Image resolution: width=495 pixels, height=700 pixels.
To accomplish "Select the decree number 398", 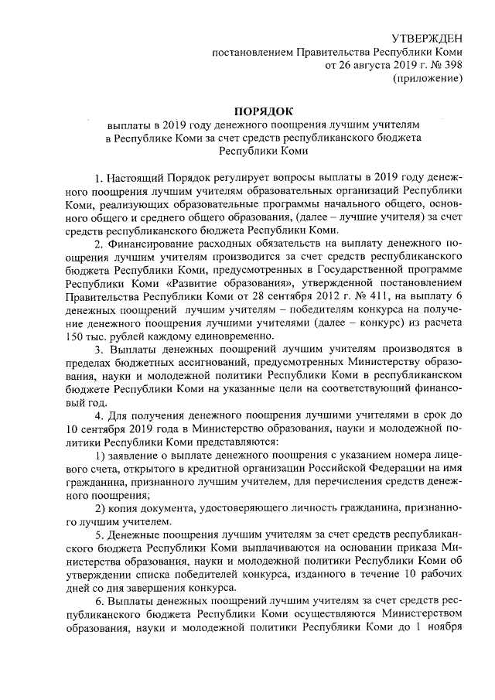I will tap(450, 65).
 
